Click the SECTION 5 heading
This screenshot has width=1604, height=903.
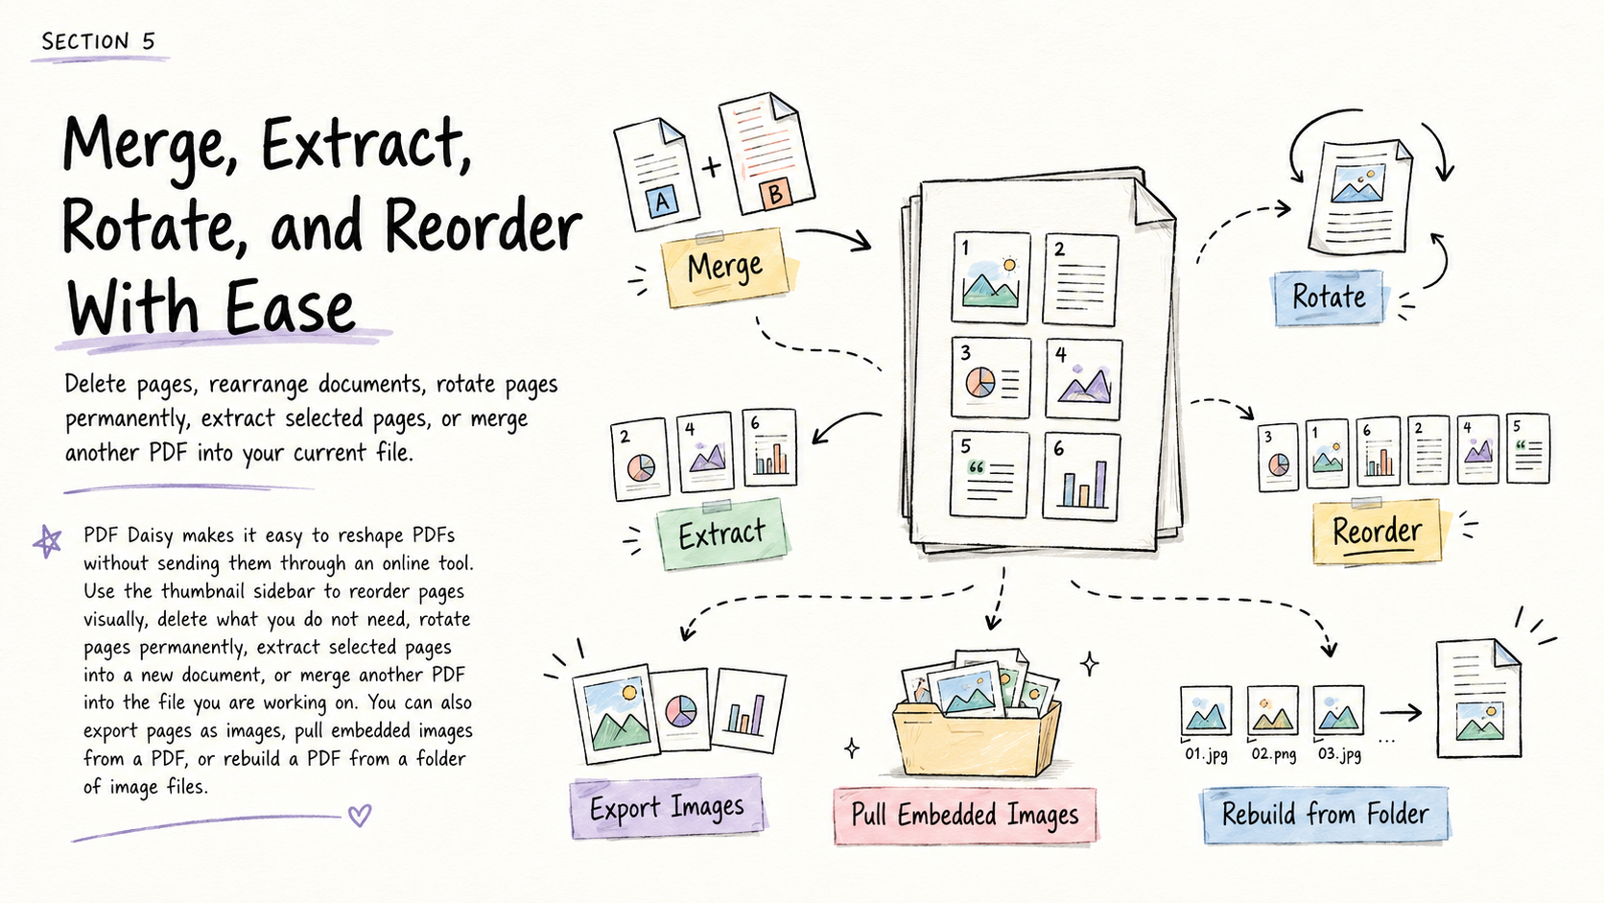(98, 41)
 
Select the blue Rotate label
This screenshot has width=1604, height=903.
(1329, 297)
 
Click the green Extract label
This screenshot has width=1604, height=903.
(721, 535)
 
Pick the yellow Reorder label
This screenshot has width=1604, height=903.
(1377, 532)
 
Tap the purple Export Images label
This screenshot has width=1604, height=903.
(668, 807)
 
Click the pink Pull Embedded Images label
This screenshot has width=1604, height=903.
(964, 815)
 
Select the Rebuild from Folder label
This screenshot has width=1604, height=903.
(1326, 814)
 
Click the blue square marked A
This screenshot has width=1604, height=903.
(662, 202)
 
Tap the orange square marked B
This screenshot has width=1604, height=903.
(775, 193)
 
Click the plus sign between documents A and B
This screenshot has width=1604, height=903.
(711, 167)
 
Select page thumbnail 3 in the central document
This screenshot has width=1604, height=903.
(991, 377)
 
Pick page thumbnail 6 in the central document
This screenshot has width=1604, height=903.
(1081, 475)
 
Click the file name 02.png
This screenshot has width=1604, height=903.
(1274, 754)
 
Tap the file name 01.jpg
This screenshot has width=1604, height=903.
(1207, 754)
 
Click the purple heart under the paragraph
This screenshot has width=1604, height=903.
(360, 815)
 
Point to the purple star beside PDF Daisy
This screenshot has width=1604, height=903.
(48, 541)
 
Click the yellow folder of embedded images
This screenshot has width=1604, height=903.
(978, 738)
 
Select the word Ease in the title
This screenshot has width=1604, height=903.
(290, 308)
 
